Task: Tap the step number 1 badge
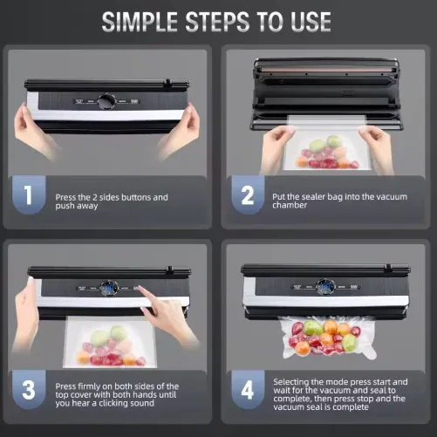click(28, 196)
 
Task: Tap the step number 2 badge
click(248, 196)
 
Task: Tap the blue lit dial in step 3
click(106, 286)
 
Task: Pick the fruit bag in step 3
click(109, 345)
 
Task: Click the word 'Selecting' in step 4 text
click(293, 381)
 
